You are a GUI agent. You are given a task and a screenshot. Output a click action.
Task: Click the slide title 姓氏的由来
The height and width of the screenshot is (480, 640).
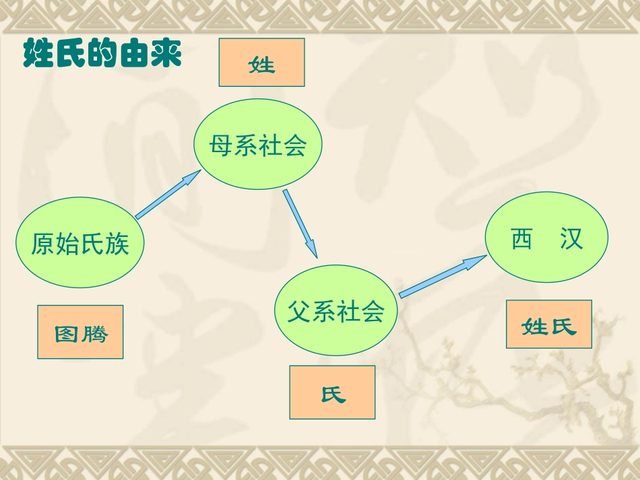[102, 54]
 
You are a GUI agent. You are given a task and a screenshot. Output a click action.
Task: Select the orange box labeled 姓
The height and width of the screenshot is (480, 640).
[261, 63]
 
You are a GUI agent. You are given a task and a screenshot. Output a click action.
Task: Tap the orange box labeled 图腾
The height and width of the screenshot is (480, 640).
[80, 332]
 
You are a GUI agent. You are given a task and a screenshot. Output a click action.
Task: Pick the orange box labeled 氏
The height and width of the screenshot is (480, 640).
[332, 392]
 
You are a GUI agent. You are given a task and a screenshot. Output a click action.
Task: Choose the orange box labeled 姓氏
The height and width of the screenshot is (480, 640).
[549, 324]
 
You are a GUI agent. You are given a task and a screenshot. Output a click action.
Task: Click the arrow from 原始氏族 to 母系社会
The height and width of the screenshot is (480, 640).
[168, 195]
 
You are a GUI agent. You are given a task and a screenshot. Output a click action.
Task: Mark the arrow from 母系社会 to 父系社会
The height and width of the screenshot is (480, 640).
[300, 223]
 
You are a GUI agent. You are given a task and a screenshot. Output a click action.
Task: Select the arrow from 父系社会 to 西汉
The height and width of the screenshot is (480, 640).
[443, 276]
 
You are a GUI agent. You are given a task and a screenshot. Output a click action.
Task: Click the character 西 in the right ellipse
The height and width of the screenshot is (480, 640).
[521, 239]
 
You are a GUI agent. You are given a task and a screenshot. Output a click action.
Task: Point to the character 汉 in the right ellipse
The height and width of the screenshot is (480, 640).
[571, 239]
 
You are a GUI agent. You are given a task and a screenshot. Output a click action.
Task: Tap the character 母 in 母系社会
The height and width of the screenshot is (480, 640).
[221, 145]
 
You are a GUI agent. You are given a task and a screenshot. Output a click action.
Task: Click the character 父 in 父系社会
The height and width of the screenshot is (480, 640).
[299, 312]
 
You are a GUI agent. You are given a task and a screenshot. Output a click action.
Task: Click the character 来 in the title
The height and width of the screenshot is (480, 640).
[166, 54]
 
